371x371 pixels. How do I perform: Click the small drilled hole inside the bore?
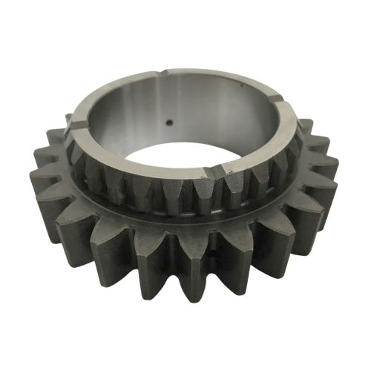169,123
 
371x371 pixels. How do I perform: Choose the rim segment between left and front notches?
134,163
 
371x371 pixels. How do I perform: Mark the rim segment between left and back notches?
104,89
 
